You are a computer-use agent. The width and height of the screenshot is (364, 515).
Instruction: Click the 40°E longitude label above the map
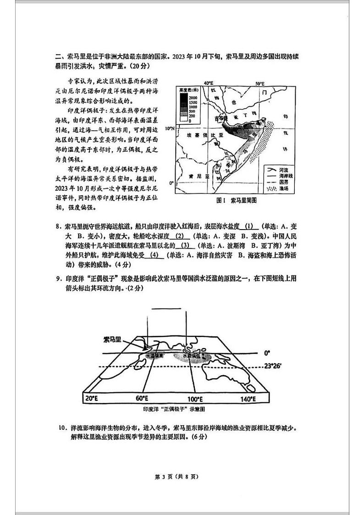click(x=209, y=83)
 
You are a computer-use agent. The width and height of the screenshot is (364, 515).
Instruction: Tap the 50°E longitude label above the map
click(x=260, y=83)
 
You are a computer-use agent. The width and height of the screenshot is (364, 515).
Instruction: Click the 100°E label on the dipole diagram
click(x=195, y=399)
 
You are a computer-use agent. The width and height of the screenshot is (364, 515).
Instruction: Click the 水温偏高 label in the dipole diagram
click(x=154, y=355)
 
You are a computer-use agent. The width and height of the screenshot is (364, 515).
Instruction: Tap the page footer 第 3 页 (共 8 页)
click(x=182, y=477)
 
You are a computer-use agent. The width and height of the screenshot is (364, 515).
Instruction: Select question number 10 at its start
click(x=63, y=428)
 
